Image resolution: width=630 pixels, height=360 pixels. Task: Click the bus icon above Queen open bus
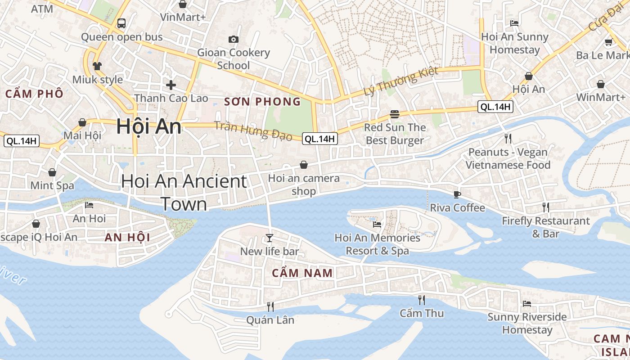point(121,23)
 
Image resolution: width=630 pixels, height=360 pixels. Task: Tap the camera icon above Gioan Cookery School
point(234,39)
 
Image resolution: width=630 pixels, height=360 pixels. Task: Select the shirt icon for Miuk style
point(97,66)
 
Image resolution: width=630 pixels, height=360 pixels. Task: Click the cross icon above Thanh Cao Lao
point(171,85)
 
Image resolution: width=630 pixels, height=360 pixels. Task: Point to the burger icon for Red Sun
point(395,114)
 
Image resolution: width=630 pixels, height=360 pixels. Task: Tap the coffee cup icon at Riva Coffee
point(457,194)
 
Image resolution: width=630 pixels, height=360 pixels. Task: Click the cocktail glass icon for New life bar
point(269,238)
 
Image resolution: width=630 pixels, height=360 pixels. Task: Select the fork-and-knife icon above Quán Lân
point(270,306)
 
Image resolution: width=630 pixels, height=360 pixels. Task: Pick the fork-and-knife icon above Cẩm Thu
point(421,300)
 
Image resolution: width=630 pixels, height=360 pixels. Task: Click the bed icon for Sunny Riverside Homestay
point(527,303)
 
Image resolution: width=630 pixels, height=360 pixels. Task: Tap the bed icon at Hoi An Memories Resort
point(377,224)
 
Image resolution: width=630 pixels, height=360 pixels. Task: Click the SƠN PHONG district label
point(262,102)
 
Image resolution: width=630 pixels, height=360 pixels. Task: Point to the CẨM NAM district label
point(302,273)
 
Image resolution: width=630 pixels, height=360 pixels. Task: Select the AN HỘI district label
point(127,238)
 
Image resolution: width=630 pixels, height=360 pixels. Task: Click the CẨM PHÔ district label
point(34,94)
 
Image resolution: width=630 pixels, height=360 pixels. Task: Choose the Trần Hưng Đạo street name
point(253,130)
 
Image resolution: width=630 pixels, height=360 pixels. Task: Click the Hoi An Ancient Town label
point(184,193)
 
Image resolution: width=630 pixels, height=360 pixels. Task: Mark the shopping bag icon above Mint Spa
point(52,172)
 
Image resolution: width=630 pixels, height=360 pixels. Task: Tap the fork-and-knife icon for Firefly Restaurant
point(545,207)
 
